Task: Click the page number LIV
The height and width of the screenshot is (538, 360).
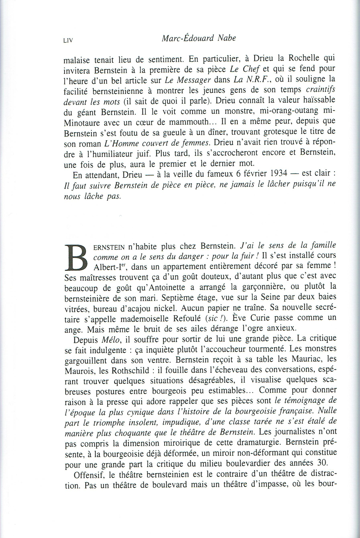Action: pyautogui.click(x=68, y=40)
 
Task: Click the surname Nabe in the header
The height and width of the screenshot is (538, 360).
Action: pyautogui.click(x=224, y=38)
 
